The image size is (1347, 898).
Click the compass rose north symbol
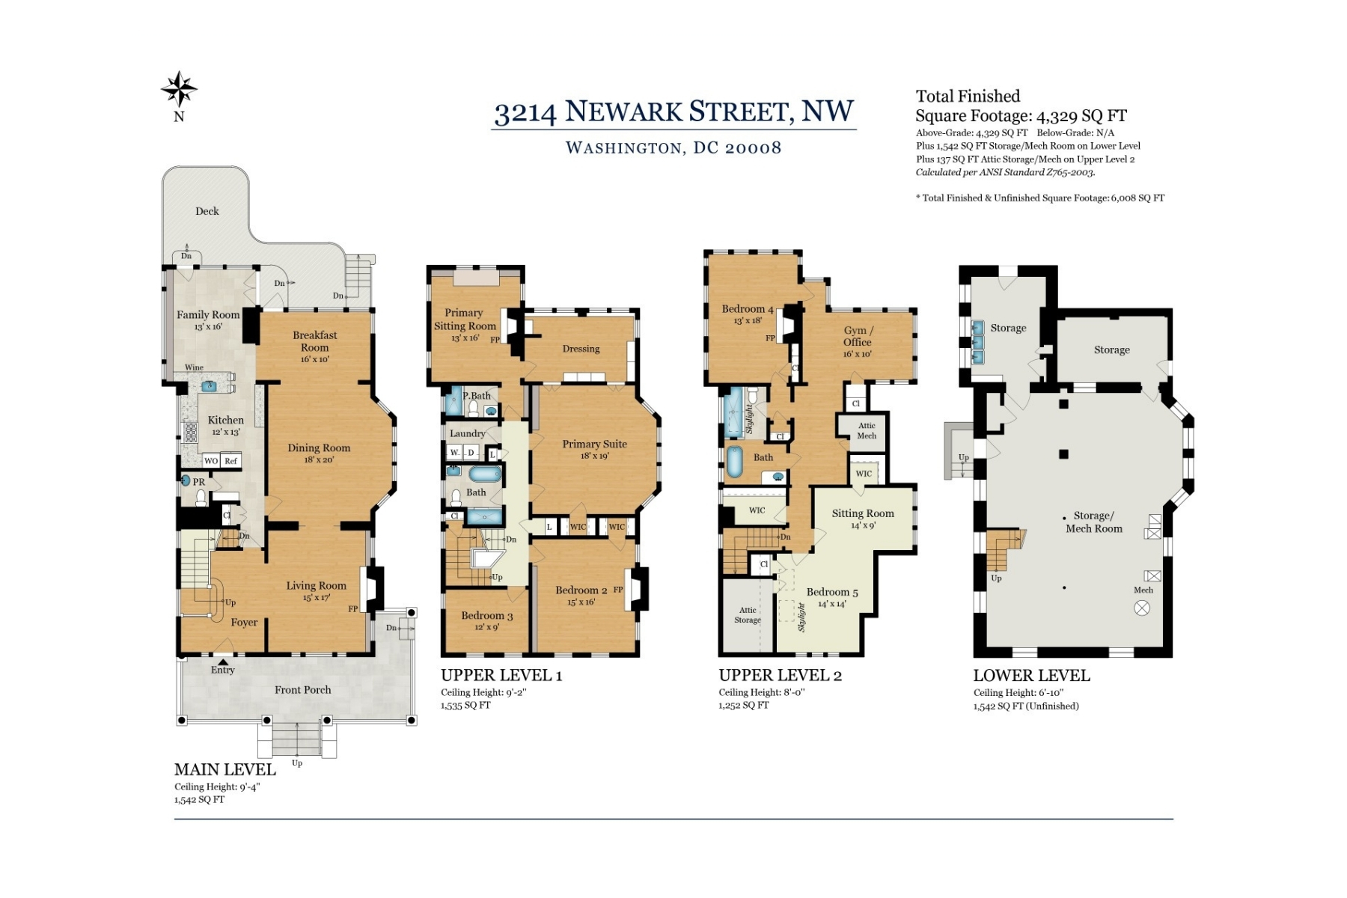[180, 89]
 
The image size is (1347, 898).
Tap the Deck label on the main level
[207, 211]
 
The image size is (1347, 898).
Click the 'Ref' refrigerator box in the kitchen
[231, 461]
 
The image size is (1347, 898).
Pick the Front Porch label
[302, 690]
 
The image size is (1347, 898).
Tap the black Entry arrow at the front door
[223, 661]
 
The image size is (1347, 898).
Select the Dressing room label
[581, 349]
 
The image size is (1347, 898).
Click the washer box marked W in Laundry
[454, 453]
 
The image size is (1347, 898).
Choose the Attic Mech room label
[867, 430]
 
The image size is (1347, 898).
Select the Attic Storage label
[748, 615]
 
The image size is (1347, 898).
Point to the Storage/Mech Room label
[1094, 522]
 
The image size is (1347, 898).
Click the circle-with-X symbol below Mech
[1142, 608]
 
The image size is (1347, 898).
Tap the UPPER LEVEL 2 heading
[781, 675]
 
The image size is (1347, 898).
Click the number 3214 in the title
[525, 113]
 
